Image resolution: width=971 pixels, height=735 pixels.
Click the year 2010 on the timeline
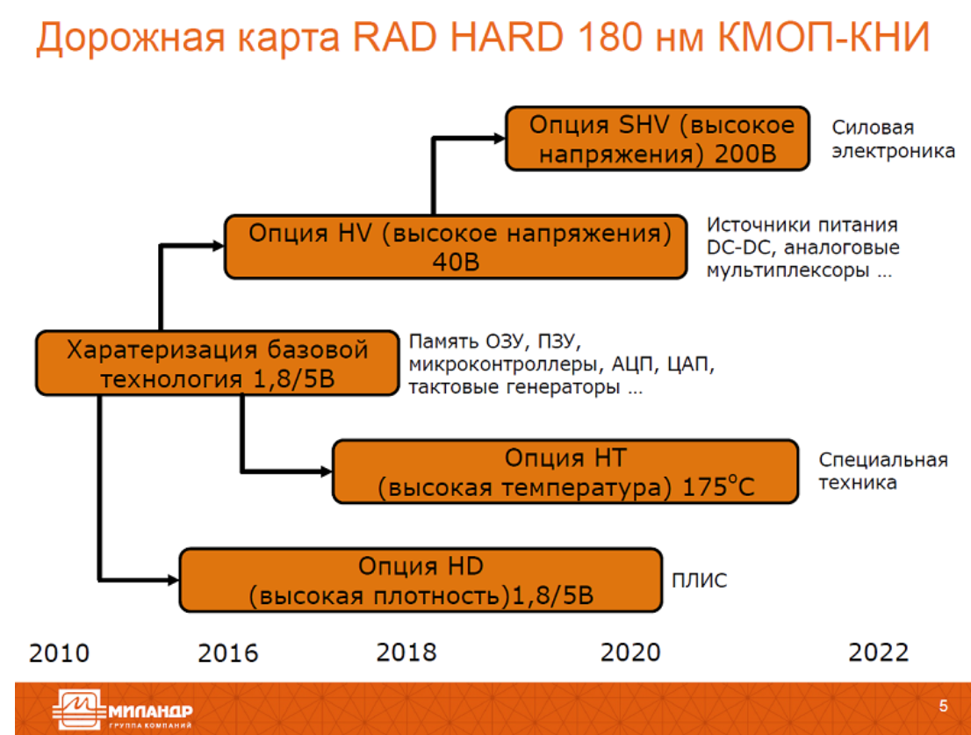click(59, 653)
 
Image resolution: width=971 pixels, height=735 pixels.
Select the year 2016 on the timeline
click(228, 653)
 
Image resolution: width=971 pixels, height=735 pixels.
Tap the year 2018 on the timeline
click(406, 652)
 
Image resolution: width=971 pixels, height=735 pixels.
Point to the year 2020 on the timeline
click(630, 652)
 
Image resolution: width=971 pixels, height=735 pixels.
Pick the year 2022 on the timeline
click(878, 652)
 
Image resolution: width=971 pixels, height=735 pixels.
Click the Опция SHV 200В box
click(658, 139)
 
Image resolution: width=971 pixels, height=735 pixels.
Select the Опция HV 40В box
click(456, 247)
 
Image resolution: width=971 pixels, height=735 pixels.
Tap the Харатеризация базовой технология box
click(218, 364)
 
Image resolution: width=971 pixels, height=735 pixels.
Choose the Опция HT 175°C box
click(565, 472)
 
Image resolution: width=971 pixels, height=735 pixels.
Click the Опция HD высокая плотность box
click(421, 580)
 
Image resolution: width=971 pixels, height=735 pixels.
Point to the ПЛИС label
click(699, 580)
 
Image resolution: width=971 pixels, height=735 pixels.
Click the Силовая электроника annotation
click(893, 139)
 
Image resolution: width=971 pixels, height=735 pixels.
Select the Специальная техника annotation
click(883, 472)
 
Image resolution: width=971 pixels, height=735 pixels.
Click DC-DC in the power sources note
click(741, 247)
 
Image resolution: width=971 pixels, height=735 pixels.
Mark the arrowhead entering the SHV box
click(500, 139)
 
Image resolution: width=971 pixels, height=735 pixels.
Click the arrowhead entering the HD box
click(174, 580)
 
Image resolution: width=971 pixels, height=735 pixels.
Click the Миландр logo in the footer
click(123, 709)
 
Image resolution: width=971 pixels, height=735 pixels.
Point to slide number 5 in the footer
click(943, 706)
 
